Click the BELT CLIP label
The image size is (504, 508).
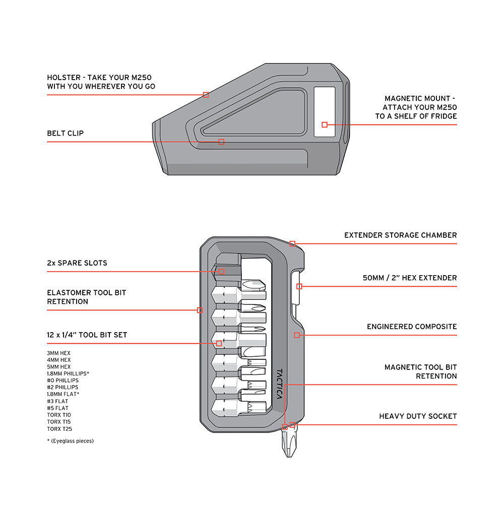tap(66, 134)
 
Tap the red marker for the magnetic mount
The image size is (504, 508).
tap(325, 124)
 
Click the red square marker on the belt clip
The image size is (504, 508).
tap(221, 142)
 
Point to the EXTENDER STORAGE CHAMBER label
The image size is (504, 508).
tap(400, 235)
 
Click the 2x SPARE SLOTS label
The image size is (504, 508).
tap(77, 263)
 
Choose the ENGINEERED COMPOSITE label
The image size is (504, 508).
tap(412, 327)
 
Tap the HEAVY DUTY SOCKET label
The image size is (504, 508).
tap(418, 416)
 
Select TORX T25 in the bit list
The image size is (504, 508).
tap(59, 428)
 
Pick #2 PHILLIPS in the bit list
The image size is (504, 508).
tap(62, 388)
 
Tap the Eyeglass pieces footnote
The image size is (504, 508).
tap(70, 441)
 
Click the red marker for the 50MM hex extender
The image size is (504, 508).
tap(299, 286)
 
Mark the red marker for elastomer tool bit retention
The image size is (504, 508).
tap(200, 310)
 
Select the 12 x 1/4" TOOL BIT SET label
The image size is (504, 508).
tap(87, 335)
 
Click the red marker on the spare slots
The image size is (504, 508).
tap(221, 271)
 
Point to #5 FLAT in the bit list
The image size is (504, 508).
tap(57, 408)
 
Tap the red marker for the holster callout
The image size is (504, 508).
tap(206, 94)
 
